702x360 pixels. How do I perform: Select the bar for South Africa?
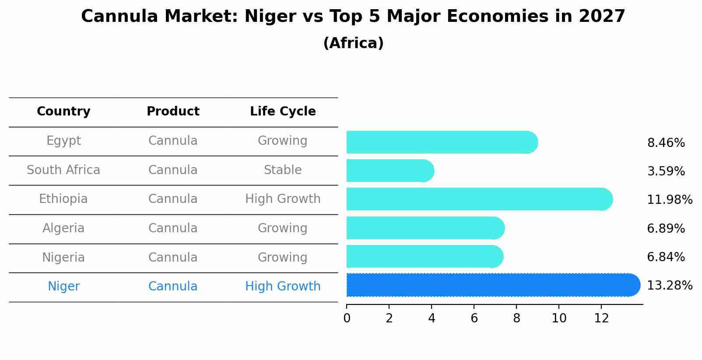[x=390, y=171]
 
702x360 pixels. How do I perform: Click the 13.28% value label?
[x=669, y=286]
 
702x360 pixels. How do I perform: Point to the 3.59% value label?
[x=666, y=171]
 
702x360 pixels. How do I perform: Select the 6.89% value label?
[x=666, y=228]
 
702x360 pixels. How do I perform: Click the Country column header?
[x=63, y=112]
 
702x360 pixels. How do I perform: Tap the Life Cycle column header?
[x=283, y=112]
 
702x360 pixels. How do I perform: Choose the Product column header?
[x=173, y=112]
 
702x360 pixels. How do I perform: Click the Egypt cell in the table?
[x=63, y=141]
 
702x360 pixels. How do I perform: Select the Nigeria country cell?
[x=63, y=257]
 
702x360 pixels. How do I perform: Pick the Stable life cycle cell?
[x=283, y=170]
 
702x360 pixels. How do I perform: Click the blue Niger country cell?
[x=63, y=287]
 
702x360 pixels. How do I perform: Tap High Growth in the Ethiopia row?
[x=283, y=199]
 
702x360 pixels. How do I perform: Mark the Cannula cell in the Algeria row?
[x=173, y=228]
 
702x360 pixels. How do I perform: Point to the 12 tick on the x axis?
[x=601, y=318]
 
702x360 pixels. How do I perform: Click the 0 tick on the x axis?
[x=347, y=318]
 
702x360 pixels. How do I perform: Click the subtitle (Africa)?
[x=353, y=43]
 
